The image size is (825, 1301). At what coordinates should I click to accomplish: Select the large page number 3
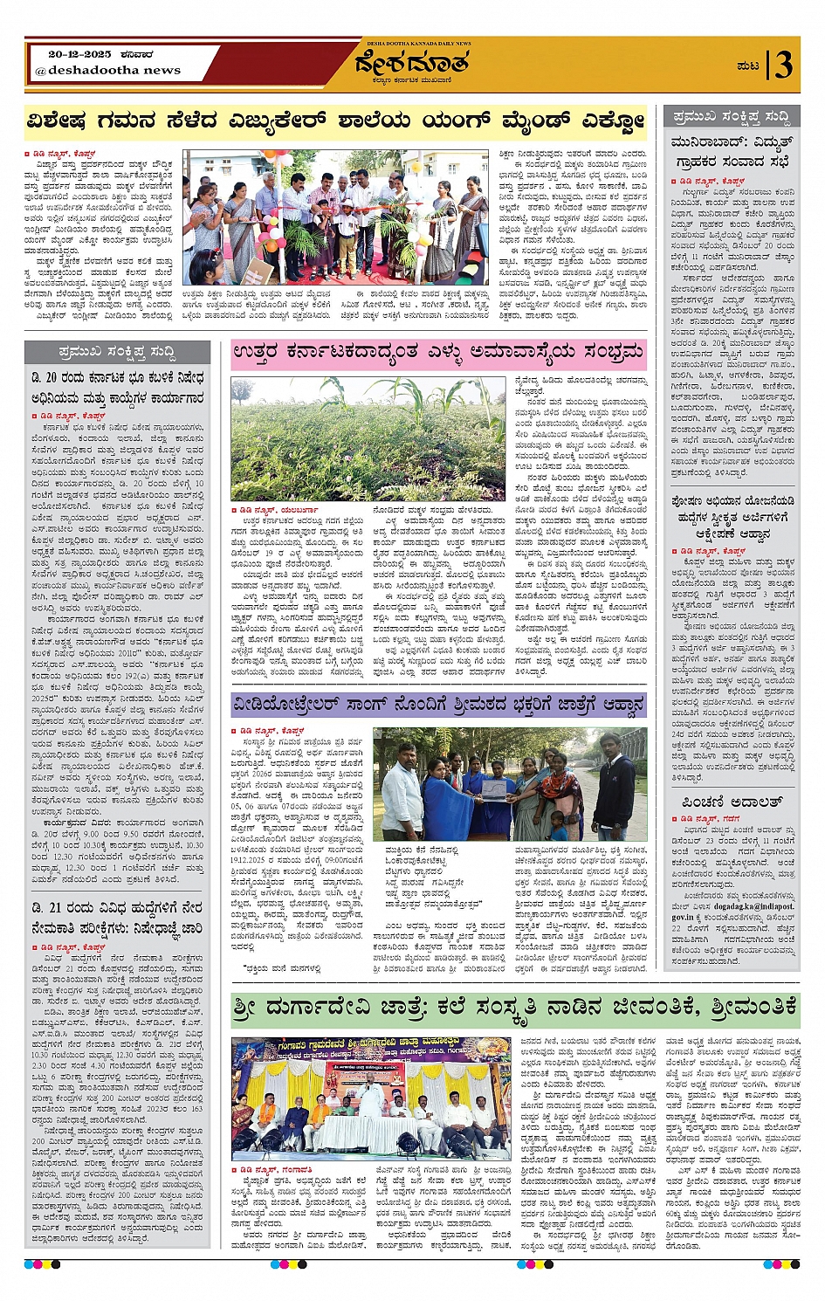coord(784,65)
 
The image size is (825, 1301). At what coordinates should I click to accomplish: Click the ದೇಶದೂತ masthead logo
coord(411,64)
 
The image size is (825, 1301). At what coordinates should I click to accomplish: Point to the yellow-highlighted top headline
coord(336,120)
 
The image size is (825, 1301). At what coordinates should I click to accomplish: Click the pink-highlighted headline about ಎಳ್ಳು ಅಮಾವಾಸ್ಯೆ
coord(438,354)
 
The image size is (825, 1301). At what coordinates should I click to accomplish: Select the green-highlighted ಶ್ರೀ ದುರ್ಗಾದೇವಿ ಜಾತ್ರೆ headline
coord(515,1008)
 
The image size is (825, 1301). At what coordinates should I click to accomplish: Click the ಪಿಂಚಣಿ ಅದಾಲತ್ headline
coord(732,802)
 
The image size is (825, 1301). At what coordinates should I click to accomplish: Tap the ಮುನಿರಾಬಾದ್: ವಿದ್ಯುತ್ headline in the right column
coord(732,152)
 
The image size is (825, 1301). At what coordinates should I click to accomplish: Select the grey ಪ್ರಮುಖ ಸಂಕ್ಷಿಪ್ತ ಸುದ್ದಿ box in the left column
coord(118,352)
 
